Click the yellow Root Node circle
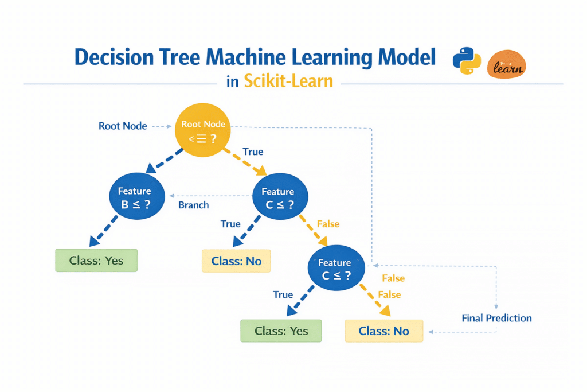tap(202, 131)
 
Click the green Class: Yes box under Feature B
tap(96, 260)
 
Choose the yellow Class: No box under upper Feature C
tap(236, 261)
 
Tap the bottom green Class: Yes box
tap(281, 331)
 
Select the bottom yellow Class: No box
tap(384, 331)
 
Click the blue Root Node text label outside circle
tap(123, 126)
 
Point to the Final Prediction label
tap(496, 318)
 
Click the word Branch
tap(194, 205)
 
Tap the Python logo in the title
tap(467, 61)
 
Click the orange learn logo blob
tap(506, 64)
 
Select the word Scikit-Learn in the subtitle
tap(288, 80)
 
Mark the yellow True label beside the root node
tap(253, 152)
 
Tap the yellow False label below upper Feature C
tap(328, 224)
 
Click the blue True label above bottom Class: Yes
tap(283, 294)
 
